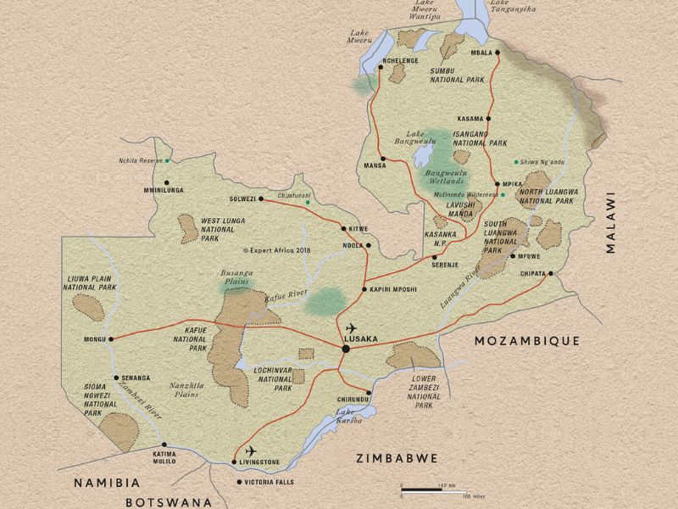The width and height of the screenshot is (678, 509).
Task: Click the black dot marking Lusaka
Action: tap(346, 349)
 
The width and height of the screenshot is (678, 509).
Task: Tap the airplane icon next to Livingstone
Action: tap(250, 450)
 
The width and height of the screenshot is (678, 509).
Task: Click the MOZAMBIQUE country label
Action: tap(526, 340)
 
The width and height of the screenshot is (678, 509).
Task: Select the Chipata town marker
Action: tap(551, 273)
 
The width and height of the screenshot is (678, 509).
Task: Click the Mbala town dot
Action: tap(497, 53)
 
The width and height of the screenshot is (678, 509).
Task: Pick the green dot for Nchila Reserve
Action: tap(168, 160)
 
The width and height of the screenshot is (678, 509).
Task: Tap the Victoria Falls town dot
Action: tap(238, 482)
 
